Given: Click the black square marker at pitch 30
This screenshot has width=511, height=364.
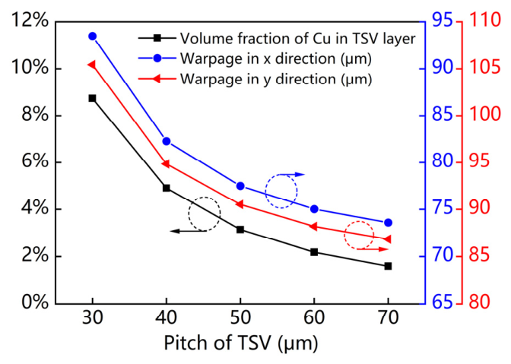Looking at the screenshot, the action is tap(92, 98).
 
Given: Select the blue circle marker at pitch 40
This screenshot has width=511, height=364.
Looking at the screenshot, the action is tap(167, 141).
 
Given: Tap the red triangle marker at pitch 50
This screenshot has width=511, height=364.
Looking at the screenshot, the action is tap(240, 204).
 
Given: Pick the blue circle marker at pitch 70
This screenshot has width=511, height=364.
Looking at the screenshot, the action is tap(388, 223).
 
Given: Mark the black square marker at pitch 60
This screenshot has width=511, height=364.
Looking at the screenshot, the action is tap(314, 252).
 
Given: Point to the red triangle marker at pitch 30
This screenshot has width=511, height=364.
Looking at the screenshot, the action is tap(91, 65).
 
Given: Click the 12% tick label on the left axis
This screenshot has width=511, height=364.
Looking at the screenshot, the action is tap(30, 21).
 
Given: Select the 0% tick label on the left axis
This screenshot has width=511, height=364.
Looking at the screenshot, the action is tap(35, 302).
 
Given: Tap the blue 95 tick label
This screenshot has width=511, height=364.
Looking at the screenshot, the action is tap(443, 21).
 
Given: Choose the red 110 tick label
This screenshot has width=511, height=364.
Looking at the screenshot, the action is tap(484, 21).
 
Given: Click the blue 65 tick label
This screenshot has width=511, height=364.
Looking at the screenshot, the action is tap(443, 302).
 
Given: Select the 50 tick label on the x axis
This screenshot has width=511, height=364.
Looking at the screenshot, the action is tap(240, 318).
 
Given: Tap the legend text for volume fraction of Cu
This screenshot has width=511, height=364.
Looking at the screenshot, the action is tap(297, 39).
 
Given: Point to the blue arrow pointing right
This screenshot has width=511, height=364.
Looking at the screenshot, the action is tap(292, 175).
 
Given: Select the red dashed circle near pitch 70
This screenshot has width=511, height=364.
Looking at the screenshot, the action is tap(344, 235).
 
